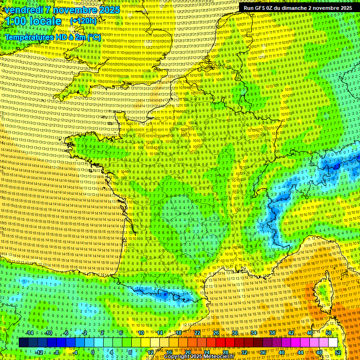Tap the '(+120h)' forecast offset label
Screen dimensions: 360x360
83,21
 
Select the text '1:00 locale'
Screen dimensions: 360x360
33,21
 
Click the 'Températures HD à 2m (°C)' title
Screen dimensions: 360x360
52,37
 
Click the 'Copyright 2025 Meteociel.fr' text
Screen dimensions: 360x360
199,357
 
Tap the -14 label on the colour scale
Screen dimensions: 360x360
29,333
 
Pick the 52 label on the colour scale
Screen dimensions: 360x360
338,352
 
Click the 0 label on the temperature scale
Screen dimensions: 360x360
93,352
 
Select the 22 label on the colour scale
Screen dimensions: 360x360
197,333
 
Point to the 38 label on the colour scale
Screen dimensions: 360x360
272,333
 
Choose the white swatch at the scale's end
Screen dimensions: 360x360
333,343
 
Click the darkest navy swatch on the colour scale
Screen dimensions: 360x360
23,343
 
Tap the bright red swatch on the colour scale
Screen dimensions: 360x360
220,343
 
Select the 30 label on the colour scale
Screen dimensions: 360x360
235,333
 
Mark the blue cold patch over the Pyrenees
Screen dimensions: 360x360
164,295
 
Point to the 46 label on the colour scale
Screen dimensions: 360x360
310,333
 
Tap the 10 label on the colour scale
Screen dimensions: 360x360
141,333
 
